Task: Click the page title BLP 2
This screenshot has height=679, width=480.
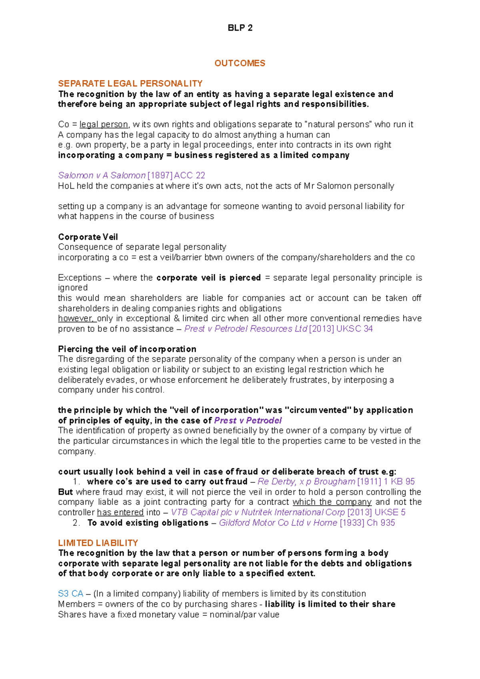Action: [240, 28]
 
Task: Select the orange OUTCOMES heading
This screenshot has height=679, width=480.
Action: [240, 63]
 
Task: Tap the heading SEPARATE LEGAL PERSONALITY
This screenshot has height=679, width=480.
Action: [130, 84]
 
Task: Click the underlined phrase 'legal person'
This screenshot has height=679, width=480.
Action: [104, 124]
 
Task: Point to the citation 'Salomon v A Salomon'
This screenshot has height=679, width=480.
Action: [102, 175]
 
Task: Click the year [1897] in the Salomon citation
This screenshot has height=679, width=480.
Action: [160, 175]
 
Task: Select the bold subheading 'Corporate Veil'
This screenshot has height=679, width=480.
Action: [88, 237]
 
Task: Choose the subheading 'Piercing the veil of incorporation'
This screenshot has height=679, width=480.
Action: [127, 349]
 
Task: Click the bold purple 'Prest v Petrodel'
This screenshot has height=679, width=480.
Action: [248, 420]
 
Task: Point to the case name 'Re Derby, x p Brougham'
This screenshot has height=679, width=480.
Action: [306, 481]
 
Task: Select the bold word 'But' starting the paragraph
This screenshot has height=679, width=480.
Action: [65, 492]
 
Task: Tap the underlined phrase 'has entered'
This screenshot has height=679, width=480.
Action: [120, 512]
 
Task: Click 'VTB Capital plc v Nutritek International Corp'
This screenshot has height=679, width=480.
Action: [258, 512]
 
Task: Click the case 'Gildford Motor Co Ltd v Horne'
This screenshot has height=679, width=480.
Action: [278, 523]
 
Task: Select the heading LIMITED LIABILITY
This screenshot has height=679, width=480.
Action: [98, 543]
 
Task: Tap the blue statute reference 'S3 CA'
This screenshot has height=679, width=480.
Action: [70, 593]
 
